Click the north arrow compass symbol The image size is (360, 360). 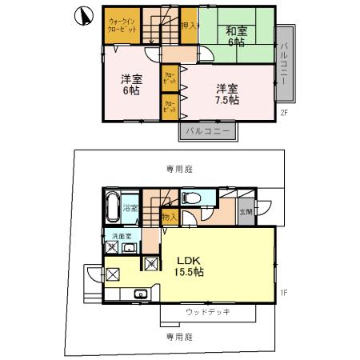click(80, 16)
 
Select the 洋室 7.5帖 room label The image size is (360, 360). click(226, 94)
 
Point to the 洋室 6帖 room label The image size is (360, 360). click(132, 85)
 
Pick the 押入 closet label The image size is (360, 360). click(189, 25)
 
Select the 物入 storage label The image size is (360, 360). click(170, 216)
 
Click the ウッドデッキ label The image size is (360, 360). click(208, 312)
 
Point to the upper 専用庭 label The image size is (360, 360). click(179, 169)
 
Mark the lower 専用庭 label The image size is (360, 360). click(179, 337)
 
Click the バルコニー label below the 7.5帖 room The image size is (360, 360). click(207, 130)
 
